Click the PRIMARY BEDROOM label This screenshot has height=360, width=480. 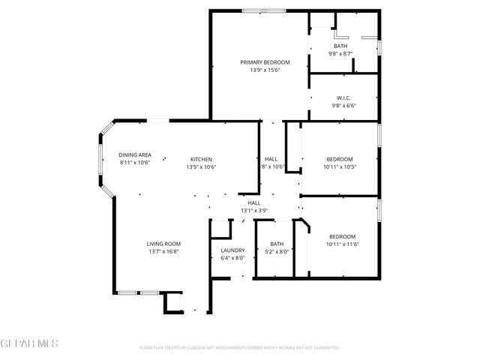pos(264,62)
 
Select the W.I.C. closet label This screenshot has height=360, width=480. pos(345,97)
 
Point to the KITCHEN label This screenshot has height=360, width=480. pos(200,159)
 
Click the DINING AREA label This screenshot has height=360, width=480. pos(135,155)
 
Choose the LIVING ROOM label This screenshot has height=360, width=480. pos(163,244)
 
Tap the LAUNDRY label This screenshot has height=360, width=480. pos(232,250)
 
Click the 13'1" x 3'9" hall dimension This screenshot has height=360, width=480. pos(254,211)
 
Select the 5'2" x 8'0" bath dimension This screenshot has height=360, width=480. pos(277,251)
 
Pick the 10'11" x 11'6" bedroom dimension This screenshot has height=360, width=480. pos(341,244)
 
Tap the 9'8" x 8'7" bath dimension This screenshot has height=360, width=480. pos(340,53)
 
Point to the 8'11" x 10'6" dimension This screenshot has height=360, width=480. pos(135,163)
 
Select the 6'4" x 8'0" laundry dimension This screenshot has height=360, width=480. pos(232,258)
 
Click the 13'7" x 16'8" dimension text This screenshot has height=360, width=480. pos(163,251)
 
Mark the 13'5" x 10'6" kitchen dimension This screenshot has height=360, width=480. pos(200,166)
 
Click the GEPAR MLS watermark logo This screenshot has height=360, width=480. pos(29,343)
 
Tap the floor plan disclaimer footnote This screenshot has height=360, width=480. pos(240,348)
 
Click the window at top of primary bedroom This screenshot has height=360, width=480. pos(263,10)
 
